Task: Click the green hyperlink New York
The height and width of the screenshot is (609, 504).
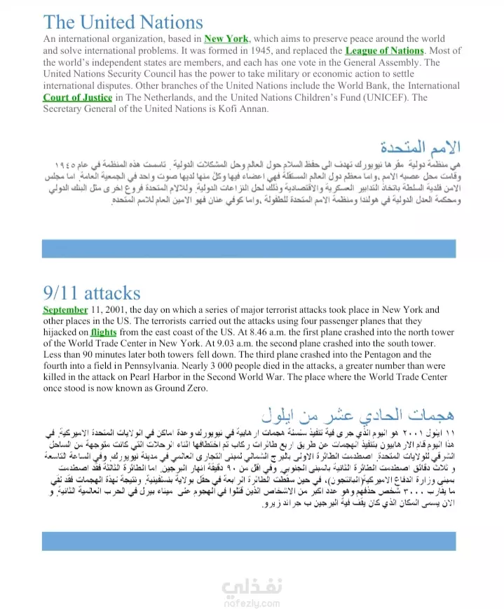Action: tap(226, 38)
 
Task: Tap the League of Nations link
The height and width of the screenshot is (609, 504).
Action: tap(385, 50)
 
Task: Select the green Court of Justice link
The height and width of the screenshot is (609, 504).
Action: tap(77, 97)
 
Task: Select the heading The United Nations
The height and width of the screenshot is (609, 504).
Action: tap(123, 22)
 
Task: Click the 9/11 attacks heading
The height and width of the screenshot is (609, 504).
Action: tap(91, 292)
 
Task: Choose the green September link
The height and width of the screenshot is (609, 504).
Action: tap(65, 309)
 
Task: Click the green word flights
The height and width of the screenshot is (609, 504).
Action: tap(104, 332)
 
